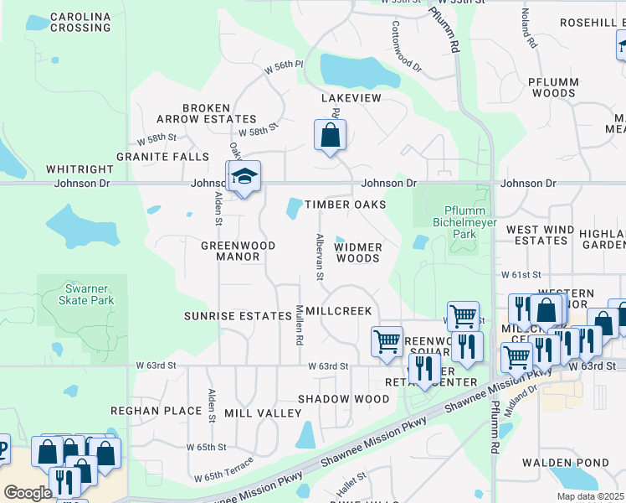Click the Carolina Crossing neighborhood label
click(80, 22)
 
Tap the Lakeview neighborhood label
click(351, 98)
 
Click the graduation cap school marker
click(244, 177)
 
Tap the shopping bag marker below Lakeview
click(331, 135)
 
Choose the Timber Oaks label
click(345, 205)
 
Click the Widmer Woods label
click(358, 252)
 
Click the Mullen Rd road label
click(298, 326)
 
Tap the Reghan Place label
click(156, 411)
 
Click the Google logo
click(27, 492)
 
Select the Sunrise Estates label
click(231, 315)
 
